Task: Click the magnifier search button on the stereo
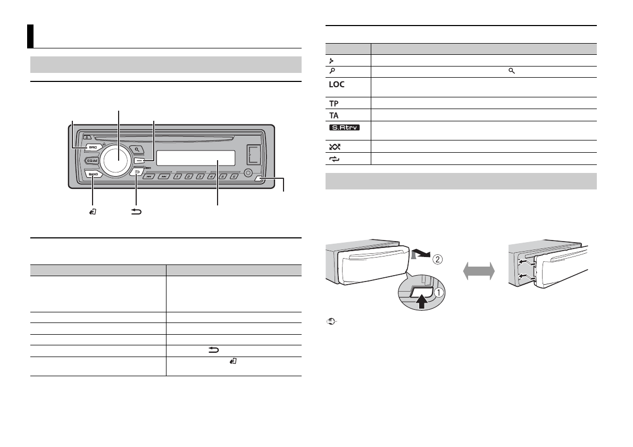tap(138, 150)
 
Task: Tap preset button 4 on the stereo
tap(212, 176)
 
